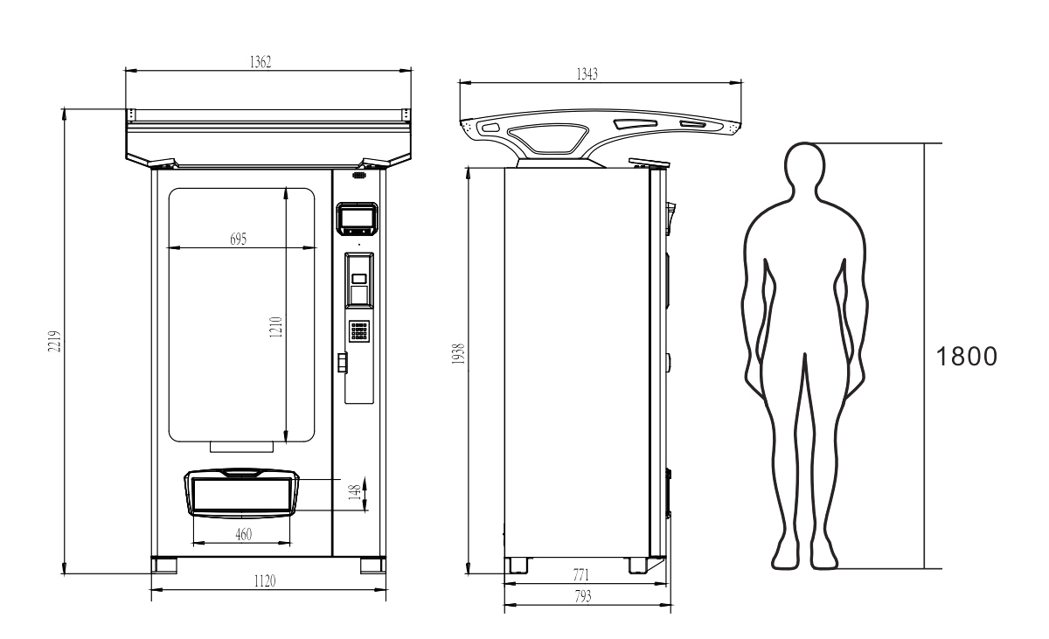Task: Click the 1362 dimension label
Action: click(x=261, y=62)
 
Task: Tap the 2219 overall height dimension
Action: click(x=55, y=341)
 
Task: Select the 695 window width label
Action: click(x=238, y=239)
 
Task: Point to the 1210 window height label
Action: click(x=276, y=327)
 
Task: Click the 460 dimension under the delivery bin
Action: click(x=244, y=534)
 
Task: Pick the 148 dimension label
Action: click(x=355, y=492)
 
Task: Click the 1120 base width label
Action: click(x=265, y=581)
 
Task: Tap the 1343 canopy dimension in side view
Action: click(x=587, y=74)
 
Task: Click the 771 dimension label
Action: click(x=580, y=574)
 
